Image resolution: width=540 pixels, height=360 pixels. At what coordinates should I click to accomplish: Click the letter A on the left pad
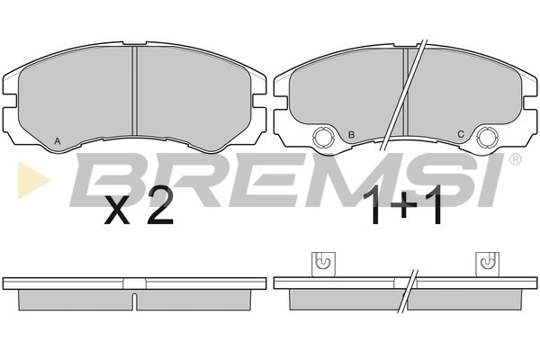58,140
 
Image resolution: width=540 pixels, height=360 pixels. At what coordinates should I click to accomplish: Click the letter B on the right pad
351,134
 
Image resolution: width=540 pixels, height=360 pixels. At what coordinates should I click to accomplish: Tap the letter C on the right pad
461,134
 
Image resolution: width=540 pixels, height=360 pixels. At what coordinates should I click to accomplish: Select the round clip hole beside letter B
323,138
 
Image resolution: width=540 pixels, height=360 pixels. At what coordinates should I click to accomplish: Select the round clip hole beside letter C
488,138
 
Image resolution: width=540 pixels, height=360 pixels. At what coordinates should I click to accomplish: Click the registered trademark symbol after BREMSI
515,159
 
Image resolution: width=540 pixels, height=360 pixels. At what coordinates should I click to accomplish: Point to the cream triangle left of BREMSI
32,180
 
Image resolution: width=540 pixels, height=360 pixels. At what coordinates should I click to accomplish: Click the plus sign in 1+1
404,207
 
